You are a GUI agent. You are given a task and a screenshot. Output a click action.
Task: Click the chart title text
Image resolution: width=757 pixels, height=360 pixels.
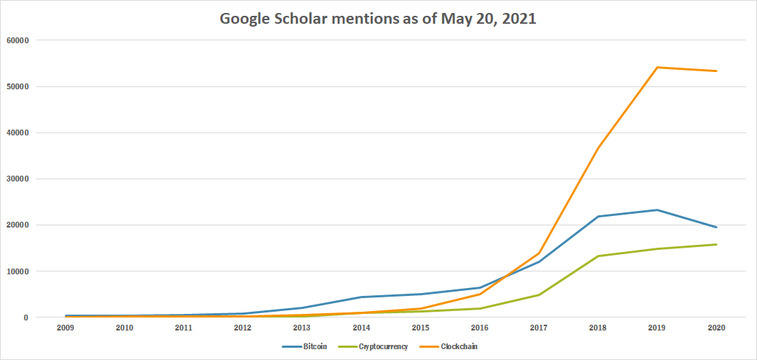378,19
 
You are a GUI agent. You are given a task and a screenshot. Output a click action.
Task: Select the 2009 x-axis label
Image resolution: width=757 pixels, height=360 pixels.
65,328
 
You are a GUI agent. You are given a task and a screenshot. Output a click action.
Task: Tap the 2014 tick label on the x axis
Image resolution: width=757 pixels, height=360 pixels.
361,328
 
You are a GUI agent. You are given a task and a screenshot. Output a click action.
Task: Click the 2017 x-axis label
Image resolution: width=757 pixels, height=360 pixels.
539,328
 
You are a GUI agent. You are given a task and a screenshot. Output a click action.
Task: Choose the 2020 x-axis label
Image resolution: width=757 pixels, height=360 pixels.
717,328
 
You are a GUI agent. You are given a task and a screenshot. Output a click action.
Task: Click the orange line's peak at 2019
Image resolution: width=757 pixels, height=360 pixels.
658,68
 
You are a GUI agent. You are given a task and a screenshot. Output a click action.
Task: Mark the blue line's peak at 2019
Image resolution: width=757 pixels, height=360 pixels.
658,210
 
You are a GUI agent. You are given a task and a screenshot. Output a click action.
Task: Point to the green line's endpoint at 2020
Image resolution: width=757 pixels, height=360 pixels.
717,245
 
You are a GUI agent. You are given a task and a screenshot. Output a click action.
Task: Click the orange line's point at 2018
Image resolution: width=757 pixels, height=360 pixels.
598,148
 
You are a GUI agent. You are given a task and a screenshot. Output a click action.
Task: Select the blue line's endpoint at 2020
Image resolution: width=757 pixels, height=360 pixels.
717,228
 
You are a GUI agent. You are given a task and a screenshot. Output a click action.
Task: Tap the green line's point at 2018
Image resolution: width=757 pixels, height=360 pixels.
598,256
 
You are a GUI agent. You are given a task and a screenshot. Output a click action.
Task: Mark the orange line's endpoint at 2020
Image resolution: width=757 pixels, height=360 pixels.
717,71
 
